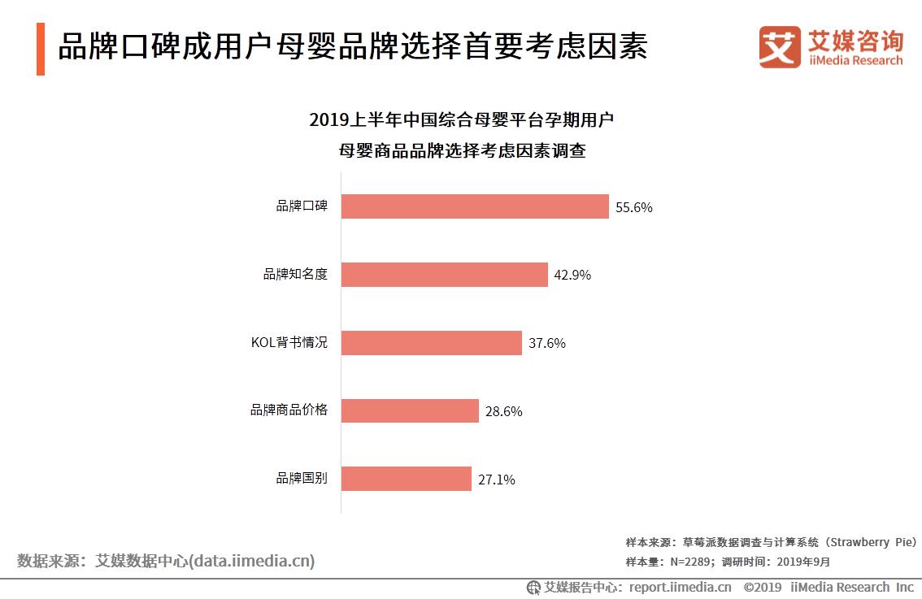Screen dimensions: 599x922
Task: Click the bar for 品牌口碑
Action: pos(474,206)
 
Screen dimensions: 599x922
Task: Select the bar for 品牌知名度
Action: pos(444,275)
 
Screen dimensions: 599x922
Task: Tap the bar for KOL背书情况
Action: pos(431,343)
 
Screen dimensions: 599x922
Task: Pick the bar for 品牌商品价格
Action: pos(410,410)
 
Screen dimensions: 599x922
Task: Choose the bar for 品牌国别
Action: pos(406,479)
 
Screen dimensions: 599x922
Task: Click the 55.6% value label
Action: pos(634,207)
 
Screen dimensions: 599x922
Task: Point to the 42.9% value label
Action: pos(572,275)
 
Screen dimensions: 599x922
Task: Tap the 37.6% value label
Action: pos(547,343)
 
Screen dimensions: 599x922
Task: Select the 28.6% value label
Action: pos(503,411)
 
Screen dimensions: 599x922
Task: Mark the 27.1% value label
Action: pos(496,480)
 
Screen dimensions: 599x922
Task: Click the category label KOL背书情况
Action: pos(289,342)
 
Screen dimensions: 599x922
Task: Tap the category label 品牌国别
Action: pos(302,478)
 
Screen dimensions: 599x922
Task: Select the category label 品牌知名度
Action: pos(295,274)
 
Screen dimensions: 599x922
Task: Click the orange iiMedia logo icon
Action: pos(780,46)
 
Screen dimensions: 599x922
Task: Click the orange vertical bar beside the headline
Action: pos(40,50)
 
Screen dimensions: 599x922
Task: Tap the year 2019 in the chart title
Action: pos(328,121)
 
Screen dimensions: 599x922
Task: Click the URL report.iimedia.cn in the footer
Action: pos(680,587)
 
